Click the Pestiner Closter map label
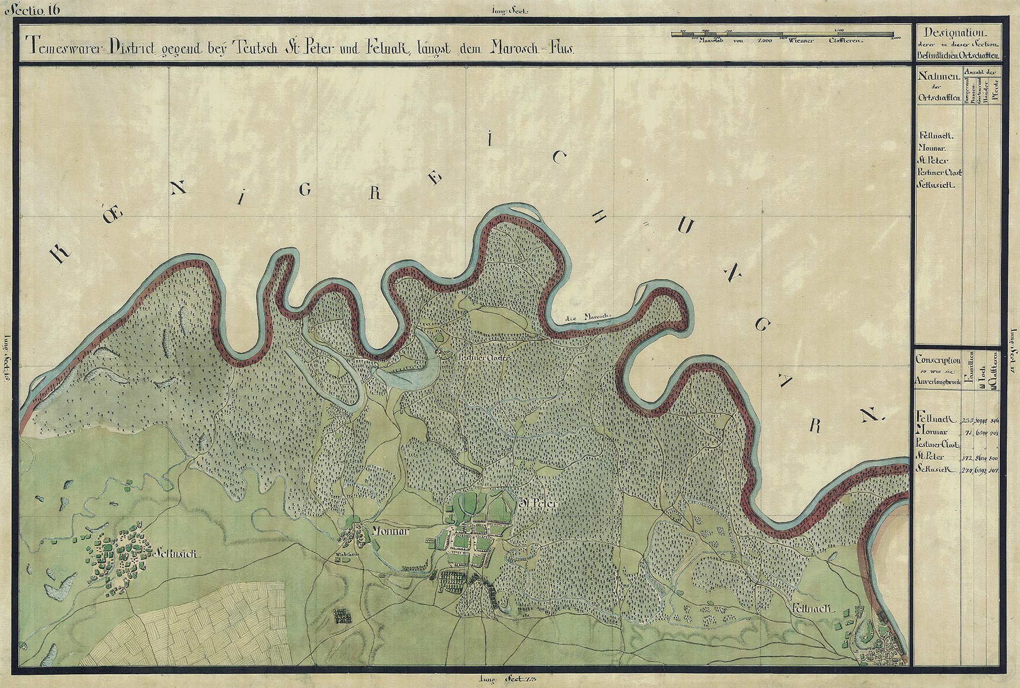[479, 356]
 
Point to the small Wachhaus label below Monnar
[344, 553]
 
